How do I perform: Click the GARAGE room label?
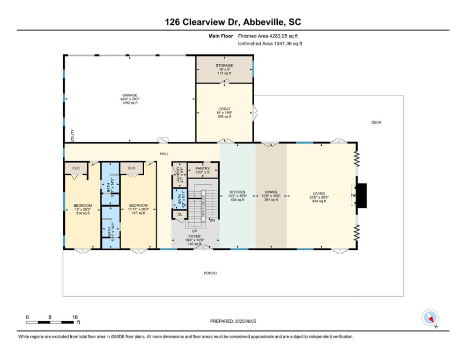pos(130,95)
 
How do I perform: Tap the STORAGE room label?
pos(224,66)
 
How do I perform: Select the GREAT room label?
pos(224,109)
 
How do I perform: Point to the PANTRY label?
pos(203,167)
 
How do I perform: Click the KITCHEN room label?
pos(237,192)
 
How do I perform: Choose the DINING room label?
pos(271,192)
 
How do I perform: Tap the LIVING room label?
pos(321,192)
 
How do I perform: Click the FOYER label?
pos(194,236)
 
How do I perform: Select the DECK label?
pos(376,122)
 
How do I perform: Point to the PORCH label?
pos(210,273)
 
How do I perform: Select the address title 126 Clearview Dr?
pos(233,22)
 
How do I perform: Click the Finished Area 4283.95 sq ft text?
pos(268,36)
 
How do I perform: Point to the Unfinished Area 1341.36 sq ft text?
pos(270,44)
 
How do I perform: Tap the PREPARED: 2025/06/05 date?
pos(233,321)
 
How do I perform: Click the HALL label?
pos(164,154)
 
